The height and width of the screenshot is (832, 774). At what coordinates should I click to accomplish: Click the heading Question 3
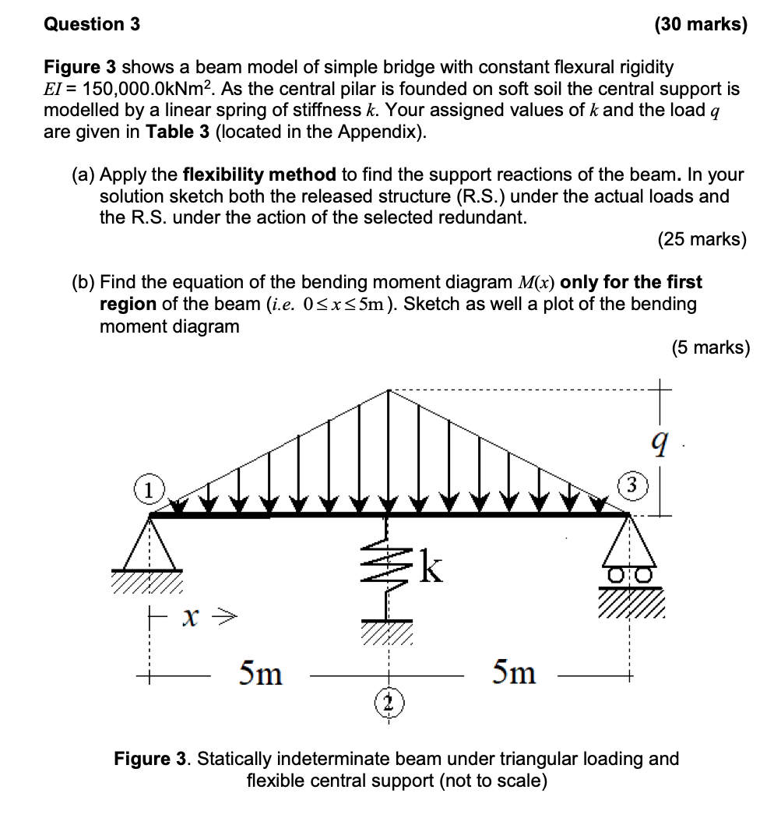click(x=92, y=24)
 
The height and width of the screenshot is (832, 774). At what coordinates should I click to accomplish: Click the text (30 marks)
click(x=700, y=24)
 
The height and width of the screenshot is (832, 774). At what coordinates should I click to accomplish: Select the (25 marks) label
click(x=701, y=239)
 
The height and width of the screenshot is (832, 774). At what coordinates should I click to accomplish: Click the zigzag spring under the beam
click(x=386, y=566)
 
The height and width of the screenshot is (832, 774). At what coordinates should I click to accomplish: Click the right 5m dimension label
click(x=514, y=672)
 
